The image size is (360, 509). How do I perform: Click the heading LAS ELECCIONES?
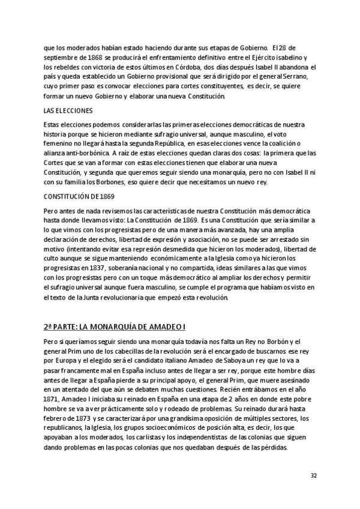click(69, 112)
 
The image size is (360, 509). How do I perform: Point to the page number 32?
click(313, 476)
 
